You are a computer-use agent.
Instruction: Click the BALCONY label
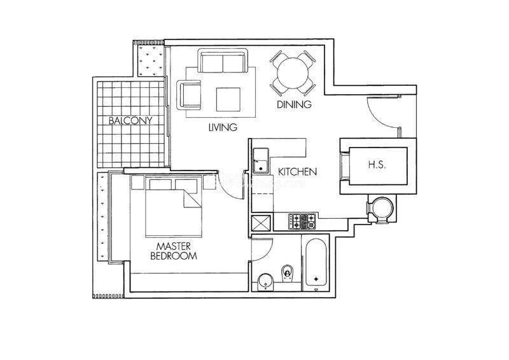coord(130,120)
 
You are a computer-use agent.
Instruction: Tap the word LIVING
coord(223,127)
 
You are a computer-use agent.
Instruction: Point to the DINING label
coord(294,104)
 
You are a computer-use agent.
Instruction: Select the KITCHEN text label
coord(297,172)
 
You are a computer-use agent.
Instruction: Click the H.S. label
coord(377,165)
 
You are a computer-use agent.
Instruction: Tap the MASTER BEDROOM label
coord(174,251)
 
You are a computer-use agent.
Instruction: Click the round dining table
coord(293,73)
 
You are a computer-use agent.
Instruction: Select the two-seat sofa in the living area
coord(223,60)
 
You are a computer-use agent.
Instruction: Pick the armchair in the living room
coord(189,95)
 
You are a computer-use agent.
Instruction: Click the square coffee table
coord(228,99)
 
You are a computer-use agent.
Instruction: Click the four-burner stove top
coord(302,221)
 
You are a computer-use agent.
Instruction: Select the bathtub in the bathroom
coord(316,263)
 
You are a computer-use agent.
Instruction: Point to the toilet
coord(287,273)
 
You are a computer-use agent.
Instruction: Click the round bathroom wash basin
coord(265,282)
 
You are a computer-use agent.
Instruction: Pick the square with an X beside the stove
coord(261,223)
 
